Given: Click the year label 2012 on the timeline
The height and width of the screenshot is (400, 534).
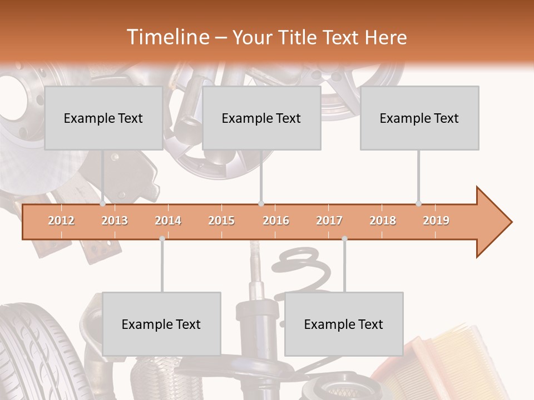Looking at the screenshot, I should coord(61,221).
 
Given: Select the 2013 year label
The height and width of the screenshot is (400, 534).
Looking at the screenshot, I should coord(115,221).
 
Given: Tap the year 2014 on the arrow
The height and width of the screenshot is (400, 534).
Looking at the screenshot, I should coord(168,221).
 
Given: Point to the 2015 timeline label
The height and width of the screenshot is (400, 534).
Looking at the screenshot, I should coord(221,221).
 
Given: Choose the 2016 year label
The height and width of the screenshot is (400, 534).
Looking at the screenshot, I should coord(276,221).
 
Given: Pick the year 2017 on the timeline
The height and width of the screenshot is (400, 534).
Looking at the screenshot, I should coord(329,221).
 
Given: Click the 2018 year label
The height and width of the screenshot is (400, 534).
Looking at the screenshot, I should coord(383,221).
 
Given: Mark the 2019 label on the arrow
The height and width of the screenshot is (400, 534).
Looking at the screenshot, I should coord(436,221).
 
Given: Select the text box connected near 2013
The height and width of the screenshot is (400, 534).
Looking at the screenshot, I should coord(103,118).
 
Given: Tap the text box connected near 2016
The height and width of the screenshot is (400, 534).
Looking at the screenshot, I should coord(261,118).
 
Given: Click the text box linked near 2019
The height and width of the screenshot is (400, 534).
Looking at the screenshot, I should coord(419,118).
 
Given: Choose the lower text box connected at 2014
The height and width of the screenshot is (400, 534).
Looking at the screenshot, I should coord(161,324).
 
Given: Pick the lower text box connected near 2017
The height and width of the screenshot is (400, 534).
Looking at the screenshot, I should coord(344,324).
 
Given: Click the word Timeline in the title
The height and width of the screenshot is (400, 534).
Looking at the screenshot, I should coord(167,37).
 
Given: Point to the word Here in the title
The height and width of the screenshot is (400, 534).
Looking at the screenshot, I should coord(385,37).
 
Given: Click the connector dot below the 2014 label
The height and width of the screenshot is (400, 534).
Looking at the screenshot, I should coord(162,238).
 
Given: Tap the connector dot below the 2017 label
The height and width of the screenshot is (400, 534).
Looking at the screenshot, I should coord(344,238).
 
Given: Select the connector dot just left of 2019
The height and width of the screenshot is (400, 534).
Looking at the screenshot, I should coord(419,203).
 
